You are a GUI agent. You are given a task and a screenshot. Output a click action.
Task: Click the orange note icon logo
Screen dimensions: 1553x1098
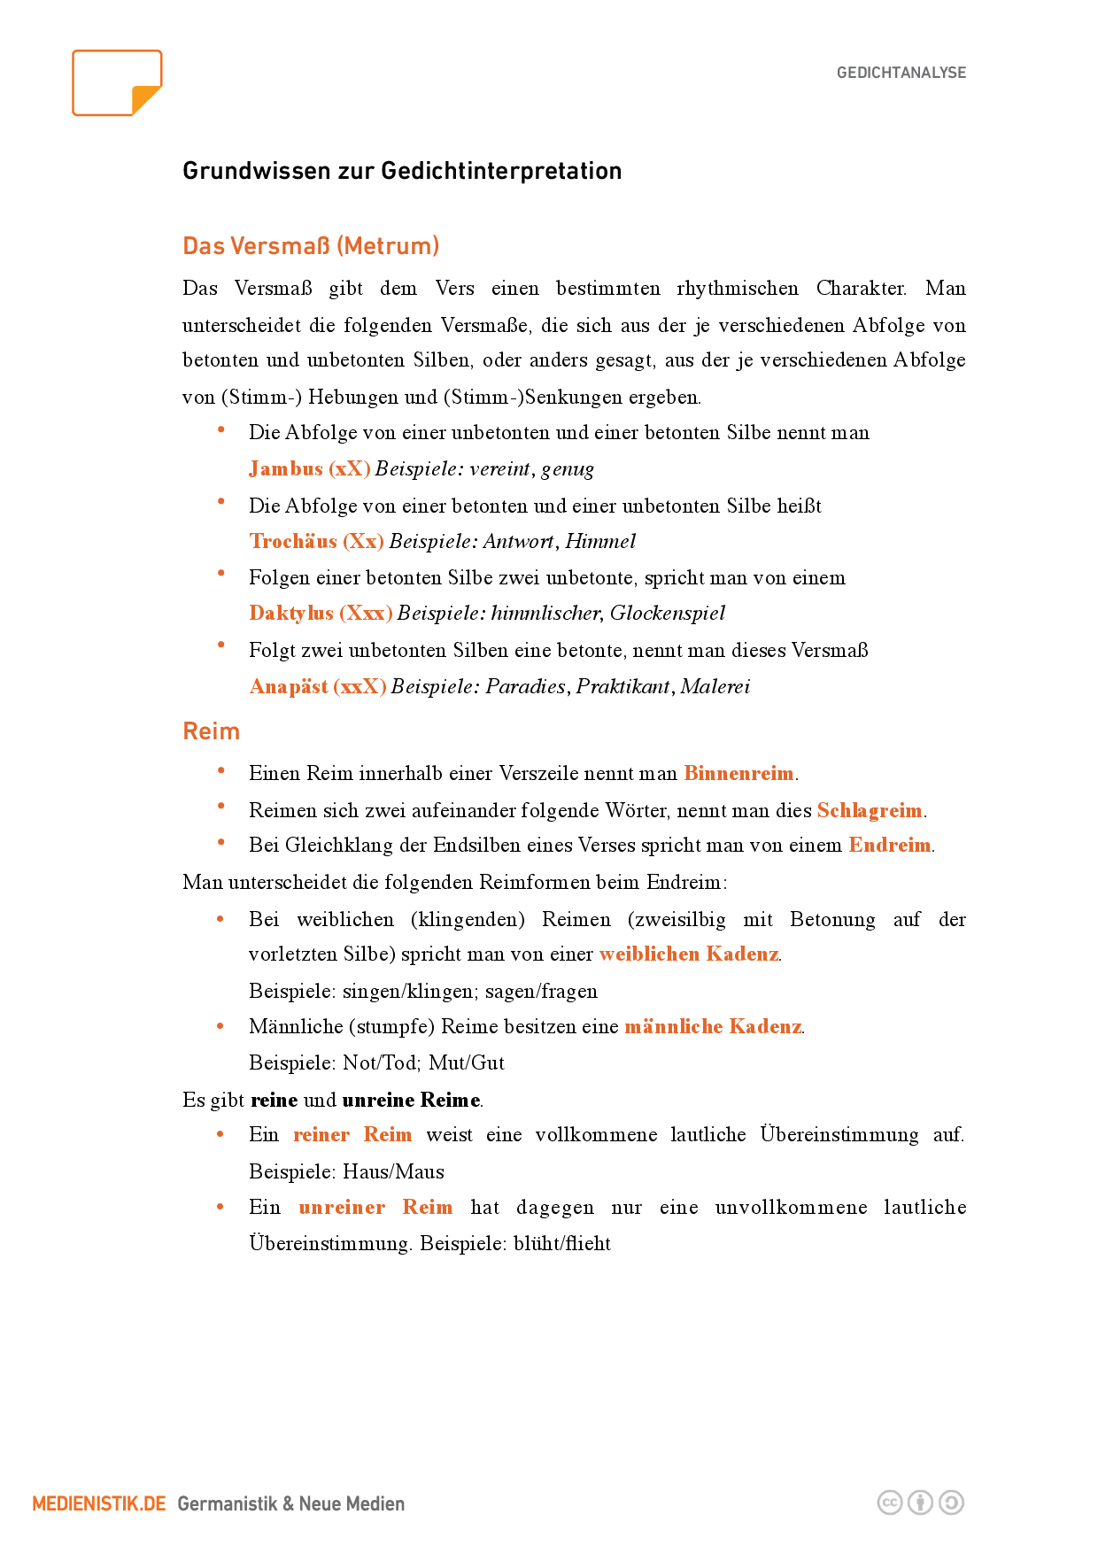[x=117, y=83]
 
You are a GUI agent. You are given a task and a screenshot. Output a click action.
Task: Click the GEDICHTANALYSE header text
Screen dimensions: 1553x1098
[x=901, y=73]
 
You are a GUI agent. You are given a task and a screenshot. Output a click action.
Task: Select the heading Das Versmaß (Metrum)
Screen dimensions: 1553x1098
[x=311, y=245]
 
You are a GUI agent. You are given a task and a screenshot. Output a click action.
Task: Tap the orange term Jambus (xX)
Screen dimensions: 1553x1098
[x=309, y=468]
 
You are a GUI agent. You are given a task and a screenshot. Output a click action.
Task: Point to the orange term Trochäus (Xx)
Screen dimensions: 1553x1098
[x=316, y=541]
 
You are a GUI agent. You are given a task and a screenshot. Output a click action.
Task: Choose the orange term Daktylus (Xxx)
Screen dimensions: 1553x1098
[x=321, y=613]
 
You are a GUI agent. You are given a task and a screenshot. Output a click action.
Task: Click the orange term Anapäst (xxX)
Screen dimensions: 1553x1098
[x=317, y=686]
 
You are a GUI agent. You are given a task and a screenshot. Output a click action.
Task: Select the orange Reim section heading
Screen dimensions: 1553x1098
[x=211, y=731]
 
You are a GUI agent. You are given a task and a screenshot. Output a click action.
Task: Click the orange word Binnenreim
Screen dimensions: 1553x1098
[x=738, y=773]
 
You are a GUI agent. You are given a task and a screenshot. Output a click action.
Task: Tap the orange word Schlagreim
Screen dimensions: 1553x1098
[x=869, y=810]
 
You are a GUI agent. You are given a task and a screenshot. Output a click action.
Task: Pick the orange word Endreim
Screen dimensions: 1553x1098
[x=889, y=845]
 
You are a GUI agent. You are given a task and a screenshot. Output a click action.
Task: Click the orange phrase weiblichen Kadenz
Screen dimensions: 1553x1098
[x=688, y=954]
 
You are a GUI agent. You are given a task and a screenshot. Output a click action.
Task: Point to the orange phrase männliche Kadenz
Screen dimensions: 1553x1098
[x=712, y=1026]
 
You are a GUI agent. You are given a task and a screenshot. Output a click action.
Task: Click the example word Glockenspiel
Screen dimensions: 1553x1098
[x=667, y=613]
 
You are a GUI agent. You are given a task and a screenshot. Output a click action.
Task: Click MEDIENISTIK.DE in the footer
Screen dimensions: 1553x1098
[x=99, y=1503]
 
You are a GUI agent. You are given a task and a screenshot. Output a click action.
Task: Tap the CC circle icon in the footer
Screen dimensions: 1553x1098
[x=889, y=1503]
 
